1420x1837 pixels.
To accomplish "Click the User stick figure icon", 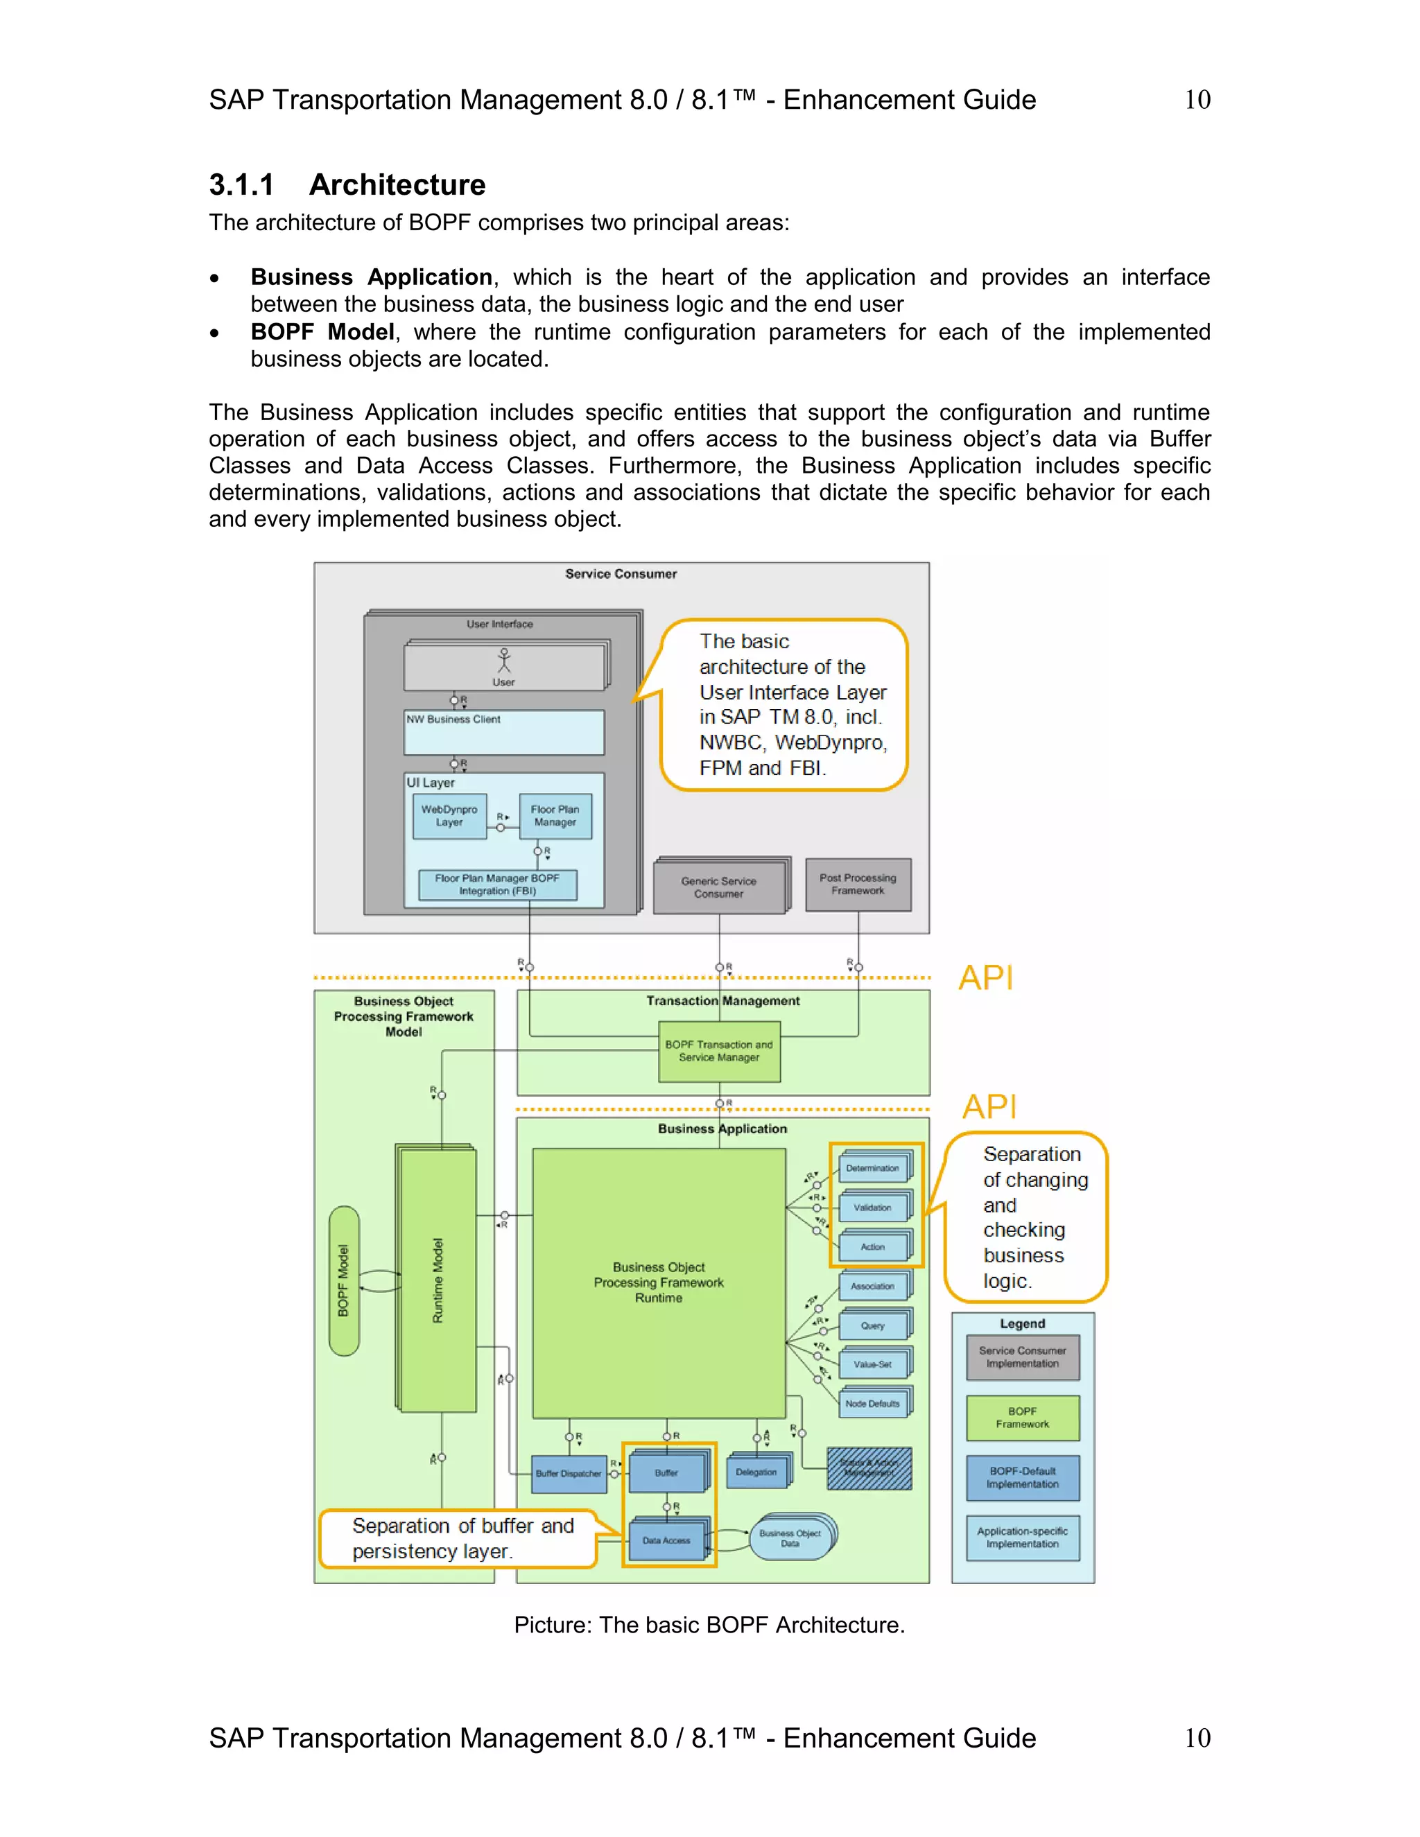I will point(504,660).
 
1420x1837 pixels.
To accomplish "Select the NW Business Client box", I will point(504,733).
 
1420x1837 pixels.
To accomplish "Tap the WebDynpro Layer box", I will point(449,816).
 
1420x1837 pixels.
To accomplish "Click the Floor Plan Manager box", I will point(555,816).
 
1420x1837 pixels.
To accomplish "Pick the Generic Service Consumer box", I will point(719,887).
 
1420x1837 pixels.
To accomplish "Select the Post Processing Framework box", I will point(858,884).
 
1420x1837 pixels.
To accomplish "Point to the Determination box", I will point(872,1168).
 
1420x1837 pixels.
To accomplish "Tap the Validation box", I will point(872,1208).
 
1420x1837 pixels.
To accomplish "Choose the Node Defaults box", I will point(872,1404).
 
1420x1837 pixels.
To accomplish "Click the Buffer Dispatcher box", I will point(569,1474).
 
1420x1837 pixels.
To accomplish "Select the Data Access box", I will point(666,1541).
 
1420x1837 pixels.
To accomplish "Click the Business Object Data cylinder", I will point(790,1538).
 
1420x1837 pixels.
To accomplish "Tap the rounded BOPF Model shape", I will point(344,1280).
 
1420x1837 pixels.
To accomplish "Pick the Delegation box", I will point(756,1472).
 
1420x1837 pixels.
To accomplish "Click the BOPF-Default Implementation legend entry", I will point(1022,1478).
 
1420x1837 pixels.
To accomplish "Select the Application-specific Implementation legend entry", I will point(1022,1538).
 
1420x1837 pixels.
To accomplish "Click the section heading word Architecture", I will point(397,185).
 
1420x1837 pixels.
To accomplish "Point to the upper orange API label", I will point(986,977).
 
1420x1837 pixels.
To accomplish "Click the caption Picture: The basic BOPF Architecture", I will point(709,1625).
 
